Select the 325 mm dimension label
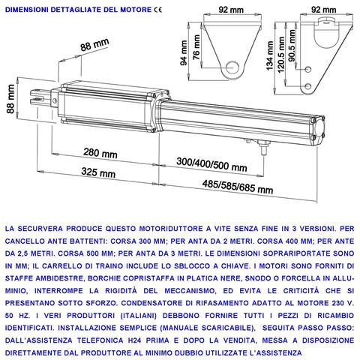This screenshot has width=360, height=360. coord(97,172)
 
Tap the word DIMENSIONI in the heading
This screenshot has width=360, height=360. coord(28,10)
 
